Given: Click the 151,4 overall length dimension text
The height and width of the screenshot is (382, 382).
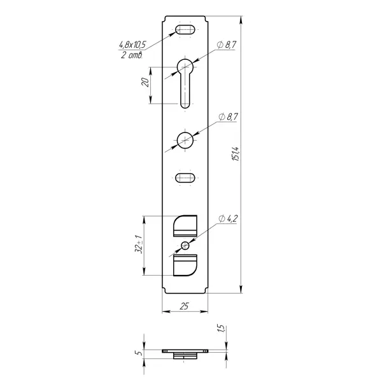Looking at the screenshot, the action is (x=236, y=154).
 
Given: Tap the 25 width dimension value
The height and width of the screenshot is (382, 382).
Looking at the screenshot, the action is (x=184, y=306).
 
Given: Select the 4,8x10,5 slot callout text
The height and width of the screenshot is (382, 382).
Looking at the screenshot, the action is (x=132, y=45).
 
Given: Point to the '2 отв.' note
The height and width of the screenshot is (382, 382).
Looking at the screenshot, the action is (x=132, y=55).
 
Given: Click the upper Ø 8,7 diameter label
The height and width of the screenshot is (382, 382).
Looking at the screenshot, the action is (x=227, y=45).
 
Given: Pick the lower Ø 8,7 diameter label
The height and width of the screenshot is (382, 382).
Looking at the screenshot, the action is (x=228, y=117).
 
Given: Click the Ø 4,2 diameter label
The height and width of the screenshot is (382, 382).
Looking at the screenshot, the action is (x=228, y=219).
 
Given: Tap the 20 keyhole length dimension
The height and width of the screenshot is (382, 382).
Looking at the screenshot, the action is (x=145, y=82).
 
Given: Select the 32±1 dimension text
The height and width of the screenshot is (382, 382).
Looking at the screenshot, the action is (x=139, y=244).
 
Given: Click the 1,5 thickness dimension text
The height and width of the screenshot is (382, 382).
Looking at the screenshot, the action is (x=220, y=329).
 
